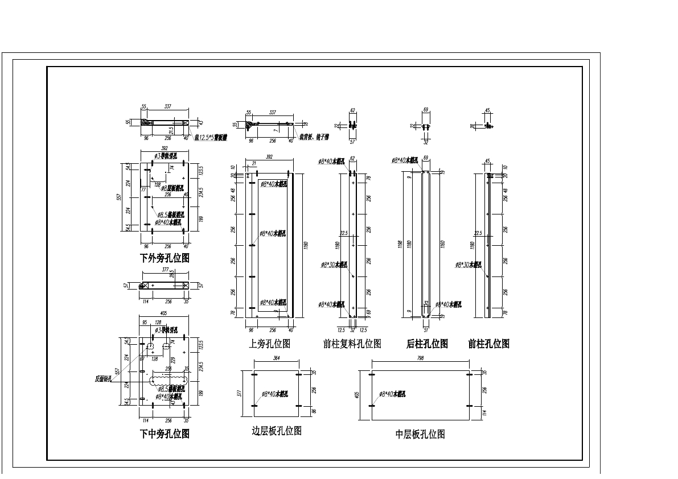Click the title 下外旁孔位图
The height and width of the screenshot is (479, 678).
(165, 258)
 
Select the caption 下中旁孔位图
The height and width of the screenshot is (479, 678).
(165, 434)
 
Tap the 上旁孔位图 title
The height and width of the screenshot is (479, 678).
(270, 344)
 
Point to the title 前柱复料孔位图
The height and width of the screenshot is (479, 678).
(352, 344)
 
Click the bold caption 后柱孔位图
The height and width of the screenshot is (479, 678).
(427, 344)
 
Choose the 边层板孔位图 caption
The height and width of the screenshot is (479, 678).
(277, 431)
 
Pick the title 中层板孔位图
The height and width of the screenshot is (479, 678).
(420, 435)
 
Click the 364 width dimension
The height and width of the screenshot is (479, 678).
(277, 358)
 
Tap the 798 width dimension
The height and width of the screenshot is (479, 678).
(420, 358)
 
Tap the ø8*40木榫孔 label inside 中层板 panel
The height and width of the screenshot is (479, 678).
(392, 394)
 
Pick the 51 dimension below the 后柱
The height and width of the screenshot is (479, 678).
(426, 329)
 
